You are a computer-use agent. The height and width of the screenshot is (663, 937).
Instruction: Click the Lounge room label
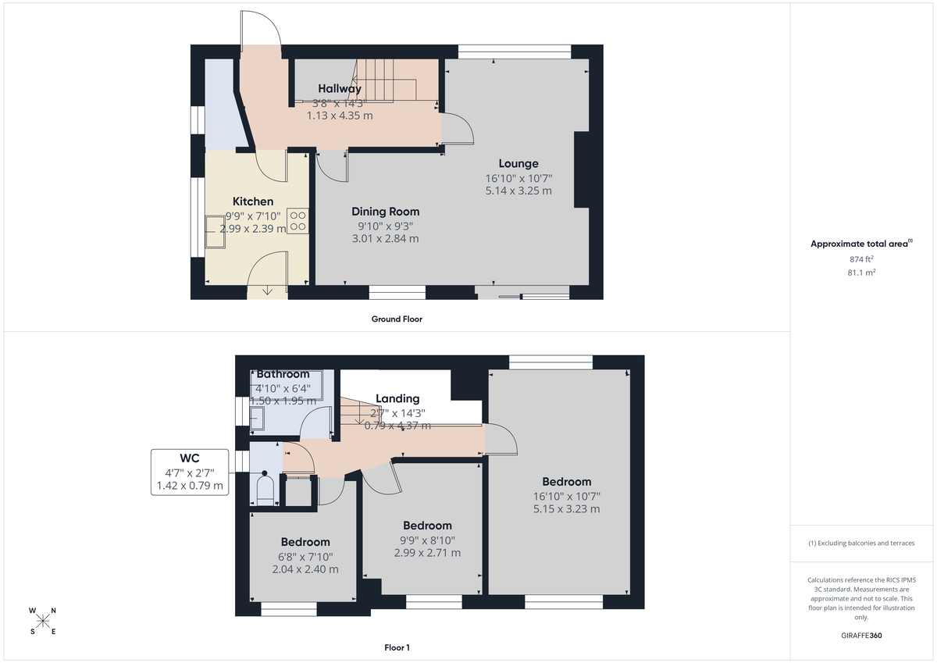coord(518,164)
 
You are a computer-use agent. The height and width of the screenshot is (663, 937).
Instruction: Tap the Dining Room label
coord(385,212)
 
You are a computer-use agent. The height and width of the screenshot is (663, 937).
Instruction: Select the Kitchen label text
coord(253,201)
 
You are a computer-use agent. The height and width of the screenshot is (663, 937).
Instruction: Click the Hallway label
coord(339,89)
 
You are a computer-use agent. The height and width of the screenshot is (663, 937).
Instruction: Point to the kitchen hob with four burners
coord(297,219)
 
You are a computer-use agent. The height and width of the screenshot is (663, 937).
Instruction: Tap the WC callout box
coord(191,472)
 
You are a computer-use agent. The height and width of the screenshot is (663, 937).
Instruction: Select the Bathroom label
coord(283,375)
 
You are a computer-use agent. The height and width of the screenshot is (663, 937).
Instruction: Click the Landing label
coord(397,398)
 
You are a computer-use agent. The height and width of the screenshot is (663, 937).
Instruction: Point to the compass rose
coord(43,621)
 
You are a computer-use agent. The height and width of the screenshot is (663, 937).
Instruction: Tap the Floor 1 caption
coord(397,647)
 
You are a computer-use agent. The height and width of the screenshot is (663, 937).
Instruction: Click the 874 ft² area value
coord(861,259)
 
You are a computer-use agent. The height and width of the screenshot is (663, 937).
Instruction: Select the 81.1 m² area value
coord(861,273)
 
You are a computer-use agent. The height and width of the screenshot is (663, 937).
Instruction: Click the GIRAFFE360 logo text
coord(861,636)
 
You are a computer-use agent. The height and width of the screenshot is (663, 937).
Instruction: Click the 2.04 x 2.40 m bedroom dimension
coord(305,569)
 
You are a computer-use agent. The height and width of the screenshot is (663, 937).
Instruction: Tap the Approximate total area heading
coord(860,244)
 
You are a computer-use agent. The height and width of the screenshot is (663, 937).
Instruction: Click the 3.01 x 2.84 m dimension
coord(385,238)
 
